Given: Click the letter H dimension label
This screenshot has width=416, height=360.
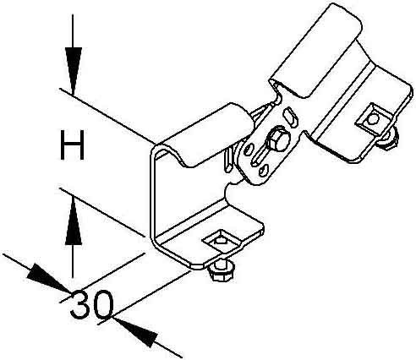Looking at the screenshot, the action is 73,145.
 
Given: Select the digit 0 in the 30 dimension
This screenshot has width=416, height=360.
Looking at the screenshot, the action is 102,305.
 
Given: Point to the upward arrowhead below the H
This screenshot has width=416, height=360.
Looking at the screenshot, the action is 73,221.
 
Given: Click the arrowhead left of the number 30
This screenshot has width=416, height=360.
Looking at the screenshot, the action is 49,277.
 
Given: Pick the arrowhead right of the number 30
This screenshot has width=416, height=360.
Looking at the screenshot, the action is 135,332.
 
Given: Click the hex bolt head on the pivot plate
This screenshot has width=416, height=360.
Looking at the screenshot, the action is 279,139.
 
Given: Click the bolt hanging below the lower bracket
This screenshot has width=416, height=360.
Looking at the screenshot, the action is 220,270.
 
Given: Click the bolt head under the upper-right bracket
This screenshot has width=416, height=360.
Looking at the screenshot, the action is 388,138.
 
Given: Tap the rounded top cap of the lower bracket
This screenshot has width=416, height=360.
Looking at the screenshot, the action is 205,136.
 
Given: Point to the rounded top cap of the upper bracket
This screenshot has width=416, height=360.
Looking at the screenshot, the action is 316,51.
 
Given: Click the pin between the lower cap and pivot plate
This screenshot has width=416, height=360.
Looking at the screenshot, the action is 229,161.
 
